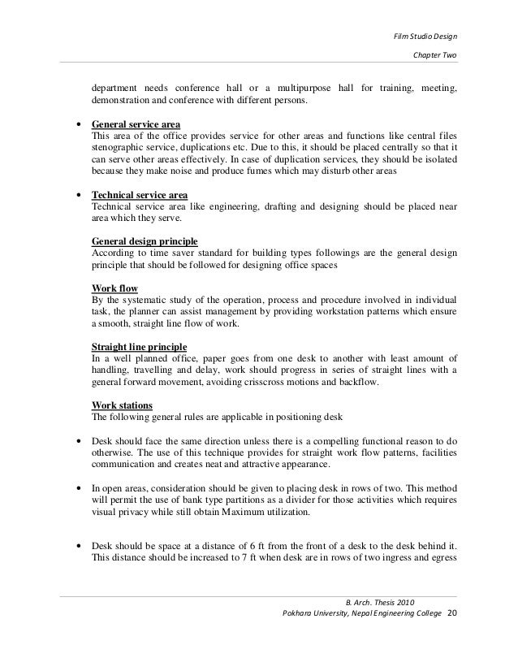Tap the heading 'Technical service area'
[x=140, y=196]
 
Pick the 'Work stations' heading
[x=122, y=405]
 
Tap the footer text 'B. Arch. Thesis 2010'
[x=380, y=601]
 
